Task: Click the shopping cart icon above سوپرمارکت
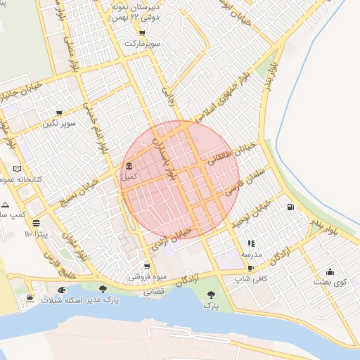coord(142,33)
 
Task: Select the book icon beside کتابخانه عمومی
coord(18,169)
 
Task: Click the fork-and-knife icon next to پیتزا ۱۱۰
coord(36,223)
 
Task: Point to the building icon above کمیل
coord(129,167)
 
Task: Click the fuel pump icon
coord(290,207)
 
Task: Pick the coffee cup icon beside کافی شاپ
coord(251,269)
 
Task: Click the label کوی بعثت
coord(330,282)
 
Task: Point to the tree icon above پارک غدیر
coord(103,289)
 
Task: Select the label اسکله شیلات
coord(63,300)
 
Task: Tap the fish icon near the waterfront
coord(62,289)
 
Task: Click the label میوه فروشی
coord(146,278)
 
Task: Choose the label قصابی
coord(153,290)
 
